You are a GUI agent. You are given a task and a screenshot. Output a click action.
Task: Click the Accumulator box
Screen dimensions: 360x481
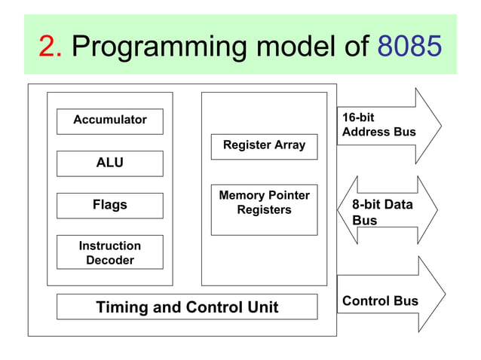(110, 121)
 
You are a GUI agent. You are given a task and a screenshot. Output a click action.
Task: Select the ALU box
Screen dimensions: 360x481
(110, 163)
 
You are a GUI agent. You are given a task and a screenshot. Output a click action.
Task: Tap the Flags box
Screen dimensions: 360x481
(110, 205)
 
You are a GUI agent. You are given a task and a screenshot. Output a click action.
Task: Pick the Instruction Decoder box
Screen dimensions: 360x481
(110, 252)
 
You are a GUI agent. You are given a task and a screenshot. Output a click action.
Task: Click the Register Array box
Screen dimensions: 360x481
(264, 145)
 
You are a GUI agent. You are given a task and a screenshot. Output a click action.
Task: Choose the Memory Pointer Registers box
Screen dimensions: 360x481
(264, 209)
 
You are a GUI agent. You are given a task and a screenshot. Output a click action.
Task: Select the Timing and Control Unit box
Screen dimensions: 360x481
(187, 307)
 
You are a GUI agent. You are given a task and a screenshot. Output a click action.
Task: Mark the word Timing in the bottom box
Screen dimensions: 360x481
(121, 307)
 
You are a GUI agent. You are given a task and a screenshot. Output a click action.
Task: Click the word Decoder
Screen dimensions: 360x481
(110, 261)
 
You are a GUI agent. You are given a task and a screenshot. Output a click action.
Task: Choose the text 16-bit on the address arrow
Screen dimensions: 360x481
(358, 118)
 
